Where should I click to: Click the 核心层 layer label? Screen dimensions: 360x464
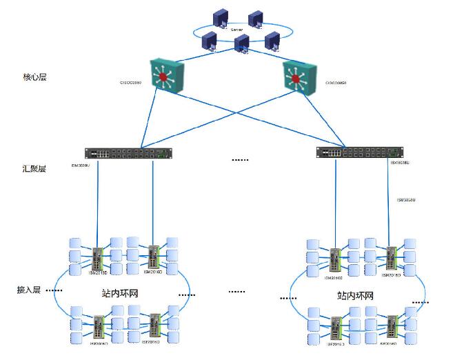tap(34, 77)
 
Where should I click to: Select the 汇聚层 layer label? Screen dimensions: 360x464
tap(34, 168)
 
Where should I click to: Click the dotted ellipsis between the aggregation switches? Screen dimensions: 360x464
tap(239, 160)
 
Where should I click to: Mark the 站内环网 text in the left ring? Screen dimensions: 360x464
tap(120, 293)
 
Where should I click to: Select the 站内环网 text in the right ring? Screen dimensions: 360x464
tap(355, 295)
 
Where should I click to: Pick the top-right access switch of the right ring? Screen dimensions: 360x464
tap(390, 258)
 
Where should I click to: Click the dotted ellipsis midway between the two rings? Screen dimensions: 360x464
tap(236, 292)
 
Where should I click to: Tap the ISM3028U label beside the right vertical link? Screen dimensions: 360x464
tap(406, 200)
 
